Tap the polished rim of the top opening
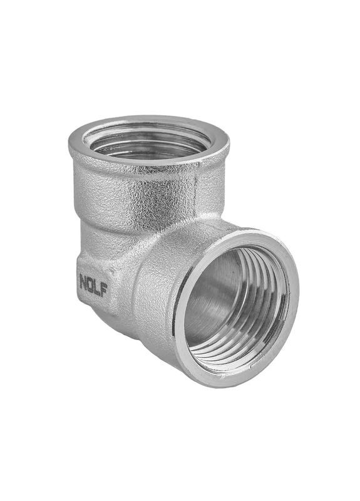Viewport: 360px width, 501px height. tap(149, 160)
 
